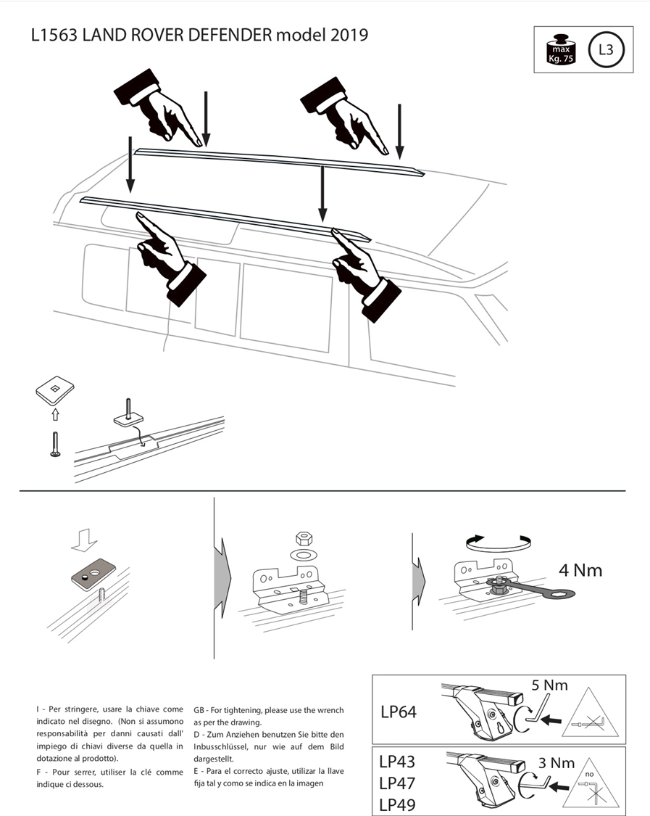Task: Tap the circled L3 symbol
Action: tap(604, 50)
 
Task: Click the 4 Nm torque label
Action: tap(580, 570)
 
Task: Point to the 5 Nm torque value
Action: tap(549, 685)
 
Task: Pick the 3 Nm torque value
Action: tap(557, 762)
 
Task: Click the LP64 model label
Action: tap(399, 712)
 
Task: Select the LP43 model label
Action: tap(397, 762)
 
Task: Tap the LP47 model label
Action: tap(397, 783)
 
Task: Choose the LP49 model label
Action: tap(397, 804)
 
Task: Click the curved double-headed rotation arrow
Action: tap(499, 540)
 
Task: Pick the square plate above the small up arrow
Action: tap(56, 392)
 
